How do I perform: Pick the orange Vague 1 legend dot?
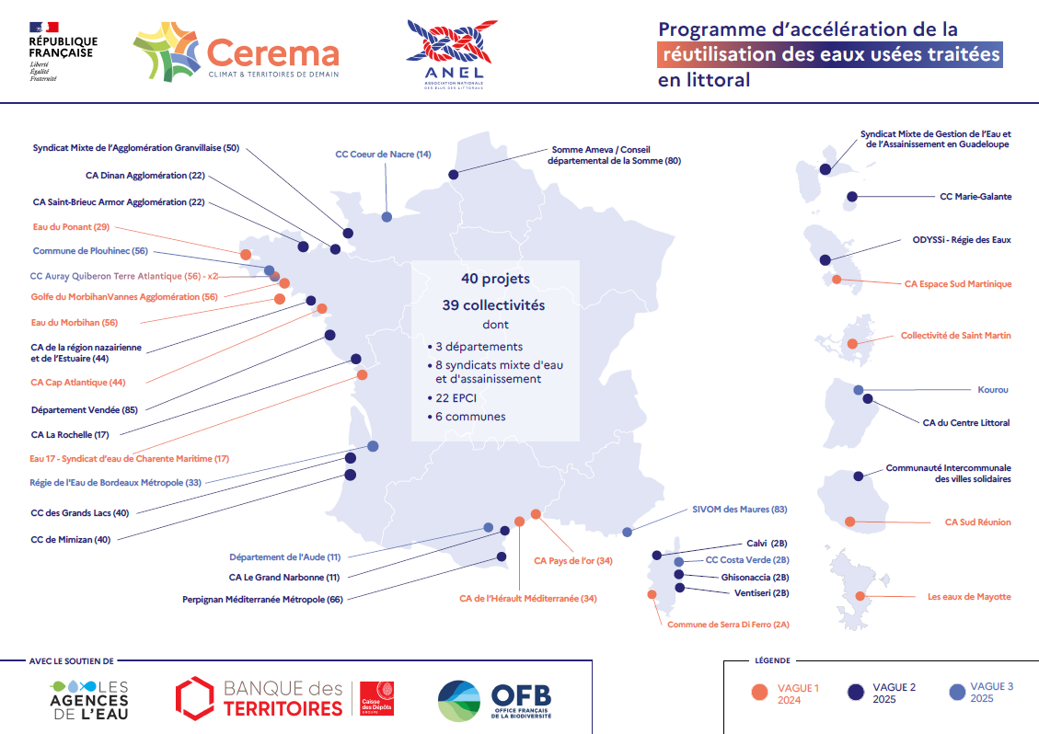coord(759,694)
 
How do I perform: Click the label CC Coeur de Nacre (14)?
coord(383,155)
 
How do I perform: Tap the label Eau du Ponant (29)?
coord(70,226)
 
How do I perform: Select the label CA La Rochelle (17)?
coord(70,434)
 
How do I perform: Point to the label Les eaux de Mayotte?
coord(969,597)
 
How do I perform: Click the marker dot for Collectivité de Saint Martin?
coord(853,344)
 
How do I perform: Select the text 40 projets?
coord(495,278)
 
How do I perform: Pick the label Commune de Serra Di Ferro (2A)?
coord(729,625)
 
